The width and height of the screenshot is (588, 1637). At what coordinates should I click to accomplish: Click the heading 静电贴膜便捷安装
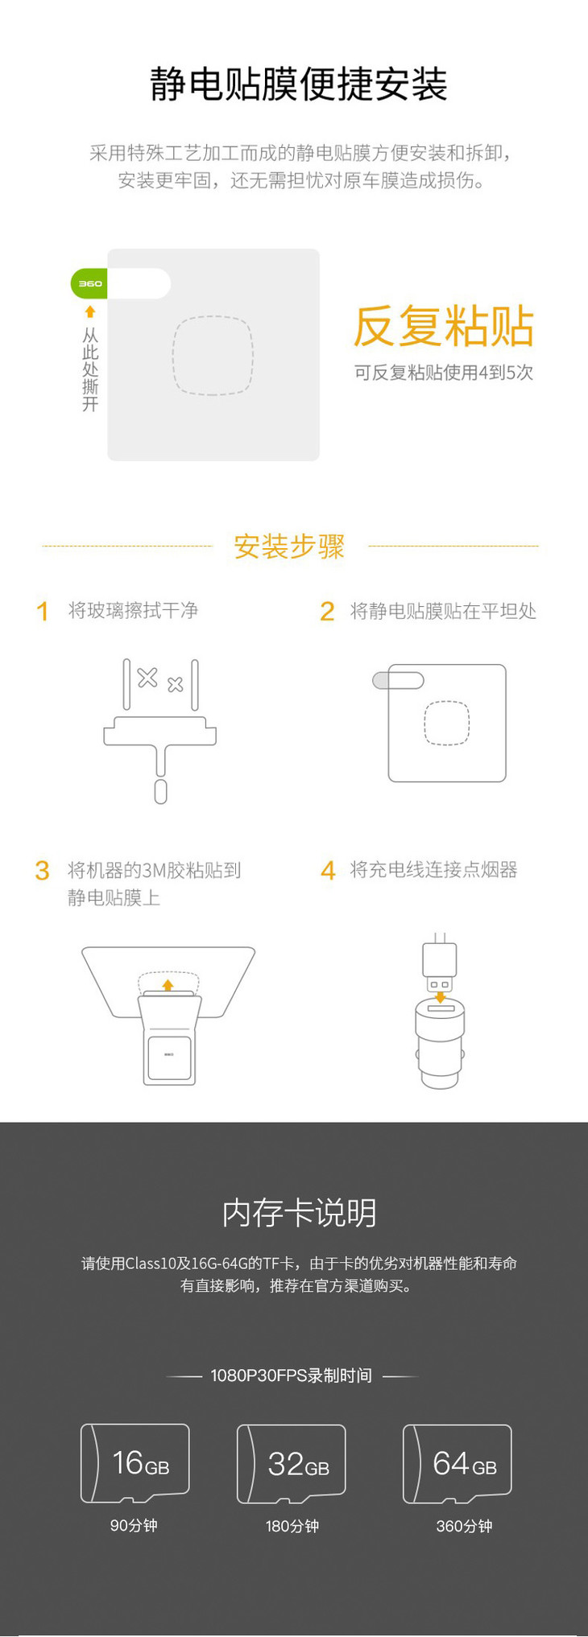298,85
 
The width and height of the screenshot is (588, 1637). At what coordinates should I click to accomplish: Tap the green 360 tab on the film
89,283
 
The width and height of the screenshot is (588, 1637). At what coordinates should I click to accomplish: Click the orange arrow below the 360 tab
90,311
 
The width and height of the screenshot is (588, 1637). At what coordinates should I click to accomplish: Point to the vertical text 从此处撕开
90,369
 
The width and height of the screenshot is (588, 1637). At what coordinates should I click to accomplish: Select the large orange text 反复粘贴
444,326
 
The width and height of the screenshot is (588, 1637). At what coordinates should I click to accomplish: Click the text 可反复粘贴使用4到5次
444,373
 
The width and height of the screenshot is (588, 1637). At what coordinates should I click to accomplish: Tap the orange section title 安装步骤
289,546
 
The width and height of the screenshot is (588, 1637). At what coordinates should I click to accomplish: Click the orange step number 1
43,612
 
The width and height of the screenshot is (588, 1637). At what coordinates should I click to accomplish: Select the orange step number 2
327,612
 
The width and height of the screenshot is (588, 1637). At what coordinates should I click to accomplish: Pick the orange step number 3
43,871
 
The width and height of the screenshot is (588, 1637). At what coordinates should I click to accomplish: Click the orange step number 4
328,871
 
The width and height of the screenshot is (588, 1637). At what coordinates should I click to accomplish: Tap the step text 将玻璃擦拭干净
133,611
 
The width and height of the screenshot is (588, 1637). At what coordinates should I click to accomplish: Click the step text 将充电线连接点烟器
433,870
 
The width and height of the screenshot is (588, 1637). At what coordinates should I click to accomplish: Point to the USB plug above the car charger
440,963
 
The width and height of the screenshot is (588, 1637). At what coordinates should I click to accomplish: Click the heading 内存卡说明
299,1213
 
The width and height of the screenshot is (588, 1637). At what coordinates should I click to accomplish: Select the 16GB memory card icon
135,1463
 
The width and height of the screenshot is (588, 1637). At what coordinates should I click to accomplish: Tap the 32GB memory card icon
292,1464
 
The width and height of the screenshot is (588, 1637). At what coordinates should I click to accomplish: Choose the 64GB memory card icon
458,1464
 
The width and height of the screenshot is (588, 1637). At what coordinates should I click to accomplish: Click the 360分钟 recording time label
464,1526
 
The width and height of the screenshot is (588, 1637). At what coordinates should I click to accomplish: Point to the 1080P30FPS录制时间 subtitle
291,1375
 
